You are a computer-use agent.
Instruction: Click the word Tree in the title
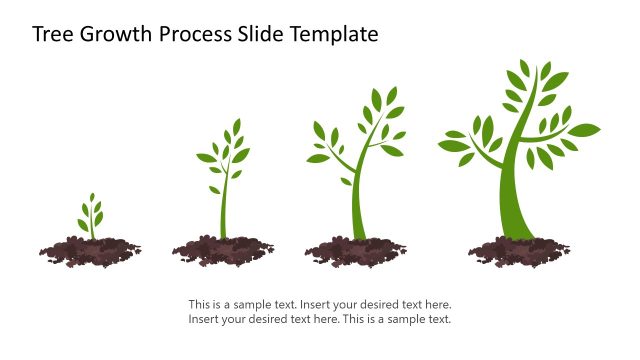(52, 34)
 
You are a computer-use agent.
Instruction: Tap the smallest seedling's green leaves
(91, 213)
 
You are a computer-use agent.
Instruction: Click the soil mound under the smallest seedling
(90, 250)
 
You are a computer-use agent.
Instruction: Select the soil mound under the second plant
(223, 251)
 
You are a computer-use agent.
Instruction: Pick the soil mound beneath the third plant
(356, 251)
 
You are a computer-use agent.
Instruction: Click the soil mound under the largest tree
(519, 251)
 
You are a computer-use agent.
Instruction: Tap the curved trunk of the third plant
(358, 200)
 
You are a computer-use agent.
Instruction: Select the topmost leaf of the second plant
(237, 127)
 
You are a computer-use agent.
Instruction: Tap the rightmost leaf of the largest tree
(584, 130)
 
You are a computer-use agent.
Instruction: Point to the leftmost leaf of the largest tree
(452, 146)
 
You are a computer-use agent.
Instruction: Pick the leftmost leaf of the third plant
(317, 158)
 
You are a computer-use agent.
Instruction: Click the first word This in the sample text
(199, 304)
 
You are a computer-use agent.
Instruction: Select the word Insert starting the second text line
(204, 319)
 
